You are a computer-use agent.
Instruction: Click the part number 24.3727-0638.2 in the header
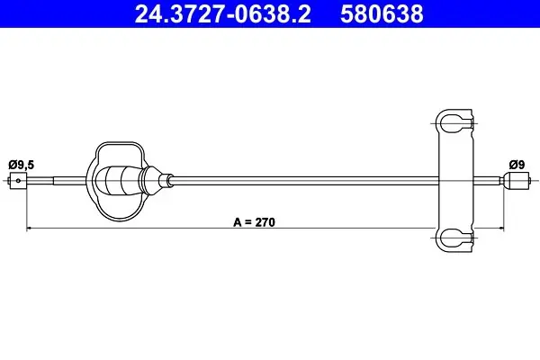click(x=223, y=13)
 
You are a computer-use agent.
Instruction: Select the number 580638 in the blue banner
click(x=382, y=13)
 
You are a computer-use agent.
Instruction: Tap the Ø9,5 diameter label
click(x=22, y=165)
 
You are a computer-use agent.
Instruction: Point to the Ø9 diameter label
click(x=517, y=165)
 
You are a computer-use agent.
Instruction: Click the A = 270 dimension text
click(x=254, y=222)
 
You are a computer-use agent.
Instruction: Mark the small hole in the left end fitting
click(x=18, y=181)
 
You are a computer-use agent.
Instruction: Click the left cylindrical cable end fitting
click(x=18, y=181)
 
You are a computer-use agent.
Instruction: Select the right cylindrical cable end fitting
click(x=515, y=181)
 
